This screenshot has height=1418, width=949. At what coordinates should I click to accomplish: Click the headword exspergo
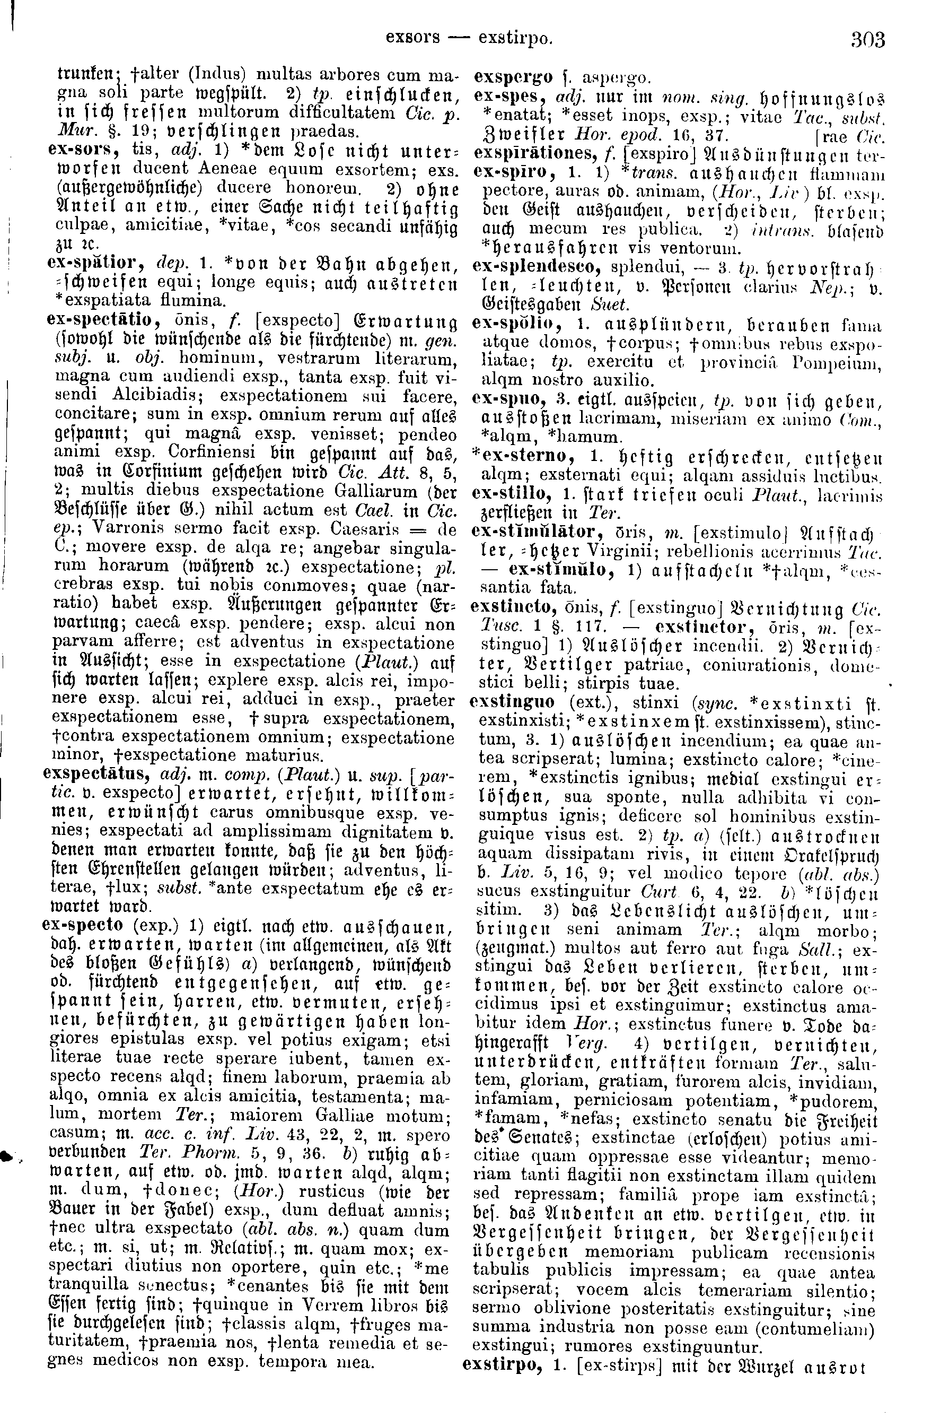click(513, 77)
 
